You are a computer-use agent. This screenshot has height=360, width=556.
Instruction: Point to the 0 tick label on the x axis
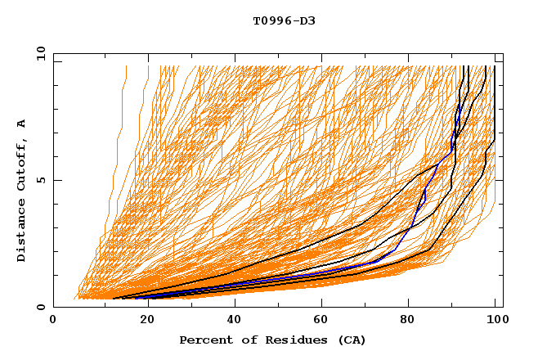53,321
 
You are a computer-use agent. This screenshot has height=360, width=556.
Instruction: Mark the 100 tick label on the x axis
495,321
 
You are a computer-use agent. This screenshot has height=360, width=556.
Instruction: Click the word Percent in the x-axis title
204,340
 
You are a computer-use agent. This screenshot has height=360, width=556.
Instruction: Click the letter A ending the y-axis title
21,124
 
